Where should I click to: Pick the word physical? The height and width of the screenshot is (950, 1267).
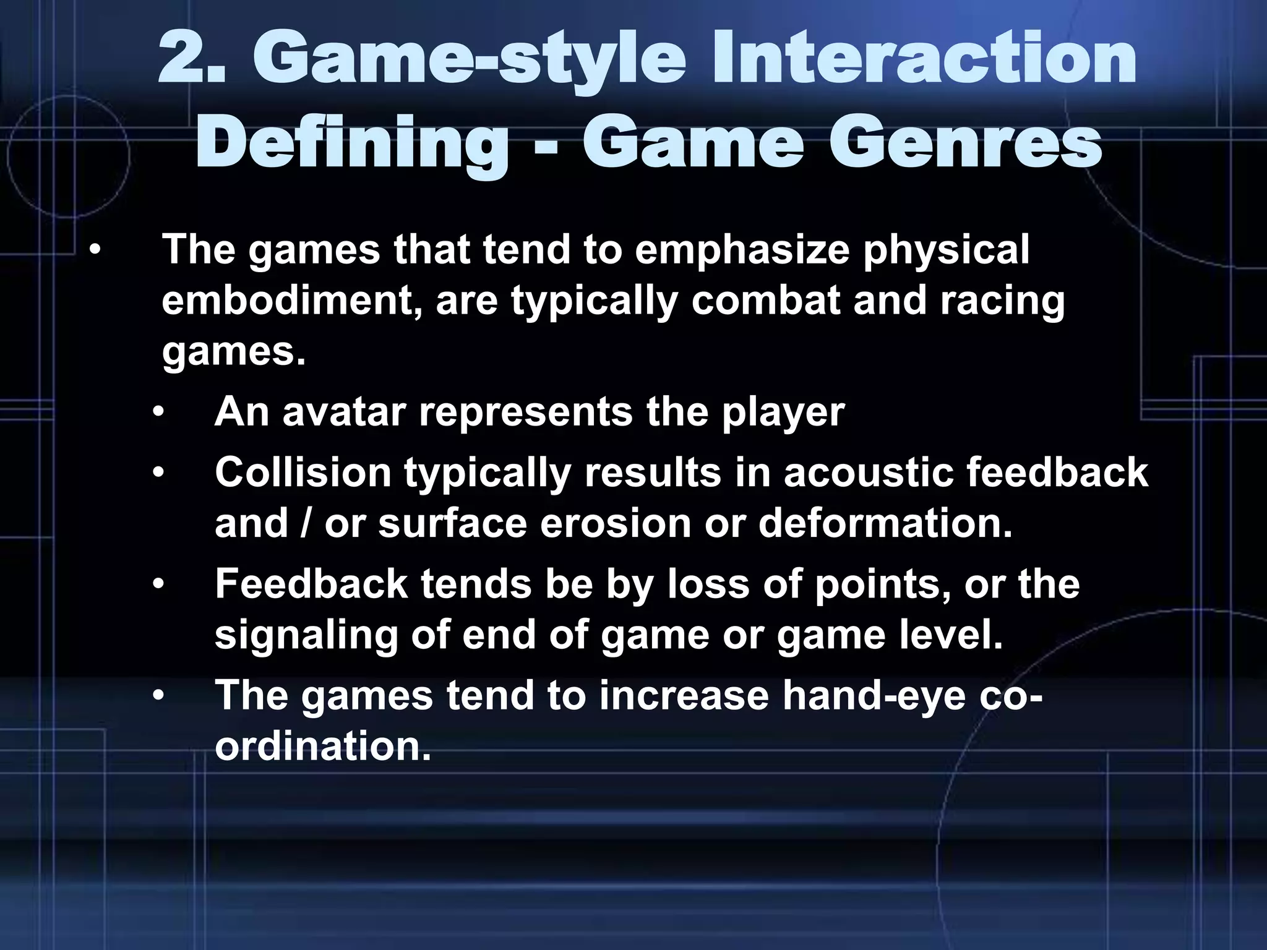(946, 250)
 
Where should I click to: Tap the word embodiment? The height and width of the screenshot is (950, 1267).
(291, 301)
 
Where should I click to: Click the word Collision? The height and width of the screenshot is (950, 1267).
(303, 473)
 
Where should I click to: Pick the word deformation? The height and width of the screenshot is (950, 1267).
(885, 523)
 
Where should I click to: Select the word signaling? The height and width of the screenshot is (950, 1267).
(306, 636)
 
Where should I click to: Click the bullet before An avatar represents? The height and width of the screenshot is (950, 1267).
(159, 413)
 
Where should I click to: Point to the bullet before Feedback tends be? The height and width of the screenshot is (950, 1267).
(159, 584)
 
